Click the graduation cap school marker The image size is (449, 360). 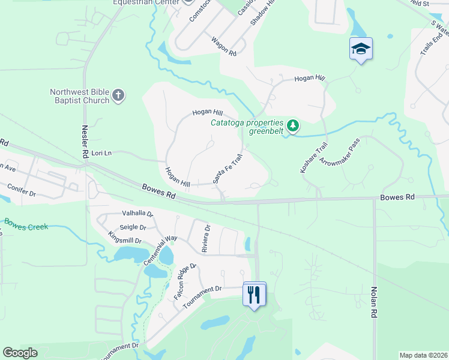click(361, 49)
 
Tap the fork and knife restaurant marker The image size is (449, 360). click(255, 294)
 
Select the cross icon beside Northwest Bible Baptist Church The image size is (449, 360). click(118, 94)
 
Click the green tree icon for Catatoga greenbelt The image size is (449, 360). click(292, 125)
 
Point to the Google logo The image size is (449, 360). click(20, 353)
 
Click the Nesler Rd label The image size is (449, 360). click(85, 142)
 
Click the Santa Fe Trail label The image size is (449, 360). click(228, 170)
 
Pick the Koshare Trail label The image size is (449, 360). click(313, 158)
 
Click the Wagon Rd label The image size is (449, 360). click(223, 46)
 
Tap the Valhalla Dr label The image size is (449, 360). click(137, 214)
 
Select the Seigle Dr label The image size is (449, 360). click(133, 227)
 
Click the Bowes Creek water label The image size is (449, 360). click(26, 223)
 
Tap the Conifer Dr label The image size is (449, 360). click(22, 190)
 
